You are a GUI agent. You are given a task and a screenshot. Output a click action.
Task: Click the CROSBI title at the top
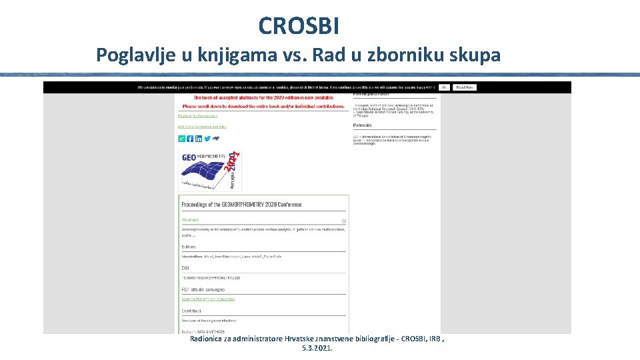click(299, 26)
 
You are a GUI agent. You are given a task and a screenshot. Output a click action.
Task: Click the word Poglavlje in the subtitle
click(136, 55)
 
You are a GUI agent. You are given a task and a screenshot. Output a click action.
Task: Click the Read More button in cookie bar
click(465, 87)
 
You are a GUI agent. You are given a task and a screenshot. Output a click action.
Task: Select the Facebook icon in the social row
click(190, 139)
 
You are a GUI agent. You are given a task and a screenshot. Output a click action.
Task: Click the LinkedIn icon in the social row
click(199, 139)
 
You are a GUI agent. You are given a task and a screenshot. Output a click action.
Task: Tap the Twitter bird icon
click(207, 139)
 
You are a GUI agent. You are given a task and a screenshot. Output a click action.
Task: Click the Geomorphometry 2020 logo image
click(209, 171)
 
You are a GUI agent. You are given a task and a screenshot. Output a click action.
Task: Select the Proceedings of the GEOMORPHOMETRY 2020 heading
click(241, 205)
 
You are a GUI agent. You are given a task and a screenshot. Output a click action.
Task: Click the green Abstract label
click(190, 219)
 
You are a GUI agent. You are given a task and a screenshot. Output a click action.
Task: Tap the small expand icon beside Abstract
click(344, 221)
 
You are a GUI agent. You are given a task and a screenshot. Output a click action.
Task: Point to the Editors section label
click(189, 247)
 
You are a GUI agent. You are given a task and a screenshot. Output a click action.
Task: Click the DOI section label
click(185, 268)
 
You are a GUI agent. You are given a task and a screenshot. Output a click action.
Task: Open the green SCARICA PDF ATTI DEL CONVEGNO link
click(208, 299)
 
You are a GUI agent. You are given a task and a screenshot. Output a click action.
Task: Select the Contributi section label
click(191, 311)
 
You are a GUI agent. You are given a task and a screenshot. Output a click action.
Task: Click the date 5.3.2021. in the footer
click(317, 348)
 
